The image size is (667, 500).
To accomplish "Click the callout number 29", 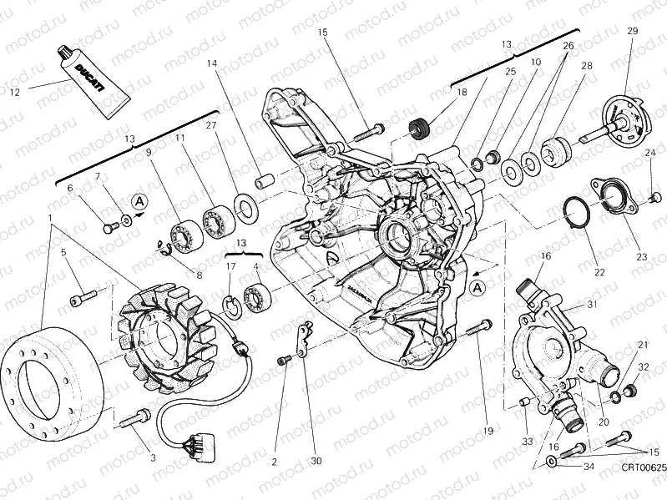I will pos(632,31).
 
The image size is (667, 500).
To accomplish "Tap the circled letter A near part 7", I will pos(139,201).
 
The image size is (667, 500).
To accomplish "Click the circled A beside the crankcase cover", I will pos(477,288).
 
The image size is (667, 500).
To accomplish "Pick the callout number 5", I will pos(62,251).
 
